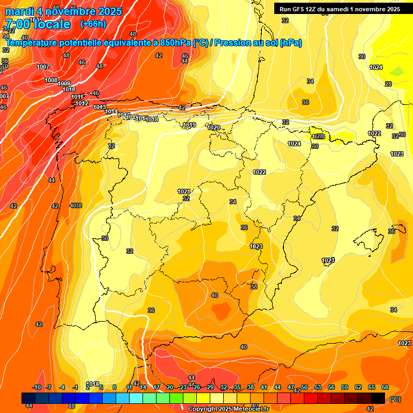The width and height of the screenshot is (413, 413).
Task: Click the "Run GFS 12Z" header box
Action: [338, 9]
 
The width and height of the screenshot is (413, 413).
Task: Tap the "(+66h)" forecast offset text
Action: [93, 24]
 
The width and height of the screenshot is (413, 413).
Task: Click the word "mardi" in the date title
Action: [20, 11]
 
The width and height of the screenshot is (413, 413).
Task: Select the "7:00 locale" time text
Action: [38, 24]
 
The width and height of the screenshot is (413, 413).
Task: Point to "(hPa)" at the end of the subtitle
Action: [290, 43]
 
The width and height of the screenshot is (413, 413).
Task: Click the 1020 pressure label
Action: [213, 127]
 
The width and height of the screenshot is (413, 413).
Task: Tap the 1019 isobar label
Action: [189, 125]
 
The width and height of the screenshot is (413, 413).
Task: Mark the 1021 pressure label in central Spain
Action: [184, 191]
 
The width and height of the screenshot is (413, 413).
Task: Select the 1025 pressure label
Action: [328, 260]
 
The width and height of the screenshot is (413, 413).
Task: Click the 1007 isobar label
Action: [43, 67]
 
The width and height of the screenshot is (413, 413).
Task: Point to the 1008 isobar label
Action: [51, 80]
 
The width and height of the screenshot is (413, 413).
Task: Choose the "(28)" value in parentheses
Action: [319, 137]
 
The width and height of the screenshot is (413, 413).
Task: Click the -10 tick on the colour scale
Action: [37, 387]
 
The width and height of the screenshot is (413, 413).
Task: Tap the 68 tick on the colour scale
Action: [385, 387]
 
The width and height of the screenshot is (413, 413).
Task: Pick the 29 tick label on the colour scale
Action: [210, 387]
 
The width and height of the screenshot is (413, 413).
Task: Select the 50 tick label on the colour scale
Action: [304, 387]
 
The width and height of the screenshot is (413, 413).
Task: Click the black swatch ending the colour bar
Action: [378, 398]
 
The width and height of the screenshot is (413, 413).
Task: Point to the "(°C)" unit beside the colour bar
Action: [395, 399]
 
